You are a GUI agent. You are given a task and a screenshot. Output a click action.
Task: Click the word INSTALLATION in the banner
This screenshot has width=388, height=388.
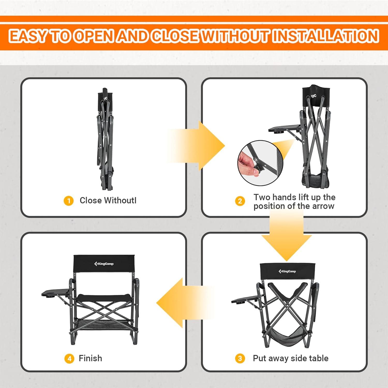click(x=325, y=36)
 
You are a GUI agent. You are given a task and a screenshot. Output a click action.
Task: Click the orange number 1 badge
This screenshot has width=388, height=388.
click(x=69, y=201)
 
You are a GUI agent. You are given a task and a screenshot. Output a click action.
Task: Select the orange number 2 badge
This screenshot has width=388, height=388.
click(x=240, y=201)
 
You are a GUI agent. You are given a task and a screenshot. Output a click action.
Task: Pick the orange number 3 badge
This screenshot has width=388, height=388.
click(x=240, y=359)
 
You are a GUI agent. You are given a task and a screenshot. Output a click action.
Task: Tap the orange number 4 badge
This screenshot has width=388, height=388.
click(x=69, y=359)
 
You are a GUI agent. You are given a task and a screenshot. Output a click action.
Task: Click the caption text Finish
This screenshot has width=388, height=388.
click(x=90, y=358)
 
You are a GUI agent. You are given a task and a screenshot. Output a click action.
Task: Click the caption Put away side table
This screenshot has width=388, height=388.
click(x=290, y=358)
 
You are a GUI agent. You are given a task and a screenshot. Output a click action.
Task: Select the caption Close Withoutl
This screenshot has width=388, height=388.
click(x=108, y=200)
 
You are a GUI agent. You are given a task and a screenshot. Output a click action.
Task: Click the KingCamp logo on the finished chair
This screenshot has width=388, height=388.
click(x=104, y=264)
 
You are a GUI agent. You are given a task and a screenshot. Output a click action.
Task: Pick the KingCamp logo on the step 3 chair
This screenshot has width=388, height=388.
click(x=287, y=271)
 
